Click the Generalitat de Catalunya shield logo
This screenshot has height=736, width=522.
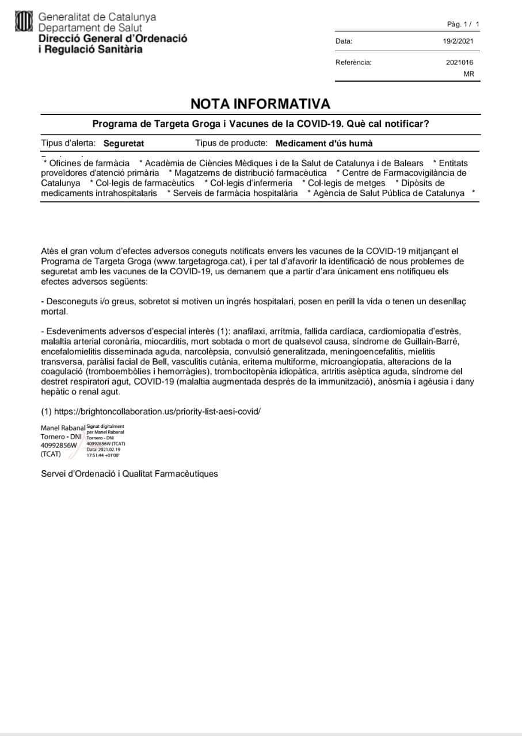pos(24,22)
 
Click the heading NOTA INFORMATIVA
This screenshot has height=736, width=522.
pos(261,103)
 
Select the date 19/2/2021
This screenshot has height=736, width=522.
pos(458,41)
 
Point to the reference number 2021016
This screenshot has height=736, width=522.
pos(460,63)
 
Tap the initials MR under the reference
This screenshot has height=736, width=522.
pos(468,74)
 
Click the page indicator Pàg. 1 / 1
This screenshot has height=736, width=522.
pos(463,24)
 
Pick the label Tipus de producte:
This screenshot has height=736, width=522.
pos(231,143)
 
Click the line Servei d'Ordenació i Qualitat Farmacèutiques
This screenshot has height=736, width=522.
pos(129,474)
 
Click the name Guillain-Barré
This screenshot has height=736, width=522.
pos(432,342)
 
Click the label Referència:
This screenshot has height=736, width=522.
pos(353,63)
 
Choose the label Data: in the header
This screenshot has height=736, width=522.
pos(344,41)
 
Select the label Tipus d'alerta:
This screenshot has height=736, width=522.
pos(69,143)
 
